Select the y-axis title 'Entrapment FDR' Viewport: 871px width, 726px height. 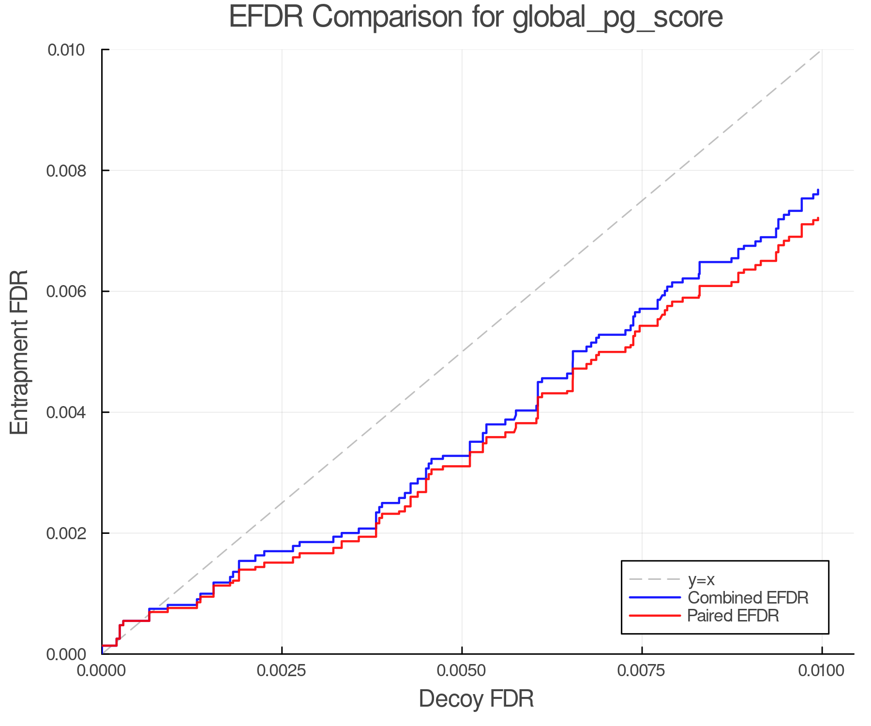[19, 352]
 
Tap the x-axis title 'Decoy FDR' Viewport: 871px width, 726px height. [476, 699]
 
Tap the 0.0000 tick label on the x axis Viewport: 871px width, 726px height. [102, 671]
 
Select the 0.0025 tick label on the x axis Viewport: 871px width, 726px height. [282, 671]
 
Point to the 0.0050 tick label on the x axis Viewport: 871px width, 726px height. [462, 671]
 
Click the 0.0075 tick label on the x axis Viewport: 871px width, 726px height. [642, 671]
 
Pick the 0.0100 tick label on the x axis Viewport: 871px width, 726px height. [822, 671]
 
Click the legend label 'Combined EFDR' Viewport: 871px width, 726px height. [748, 598]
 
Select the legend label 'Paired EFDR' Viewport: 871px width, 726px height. [733, 616]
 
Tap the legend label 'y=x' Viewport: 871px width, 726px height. [701, 579]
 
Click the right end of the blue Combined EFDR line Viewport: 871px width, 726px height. [818, 190]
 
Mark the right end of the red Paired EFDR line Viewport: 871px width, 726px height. [818, 218]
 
